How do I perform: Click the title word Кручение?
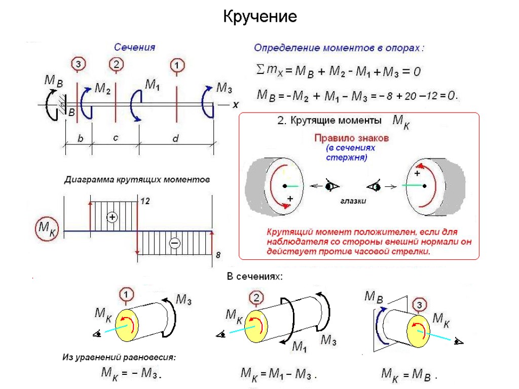tap(259, 17)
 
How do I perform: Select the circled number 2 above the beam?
tap(117, 64)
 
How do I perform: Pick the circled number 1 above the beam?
tap(176, 65)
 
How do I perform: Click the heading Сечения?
tap(134, 47)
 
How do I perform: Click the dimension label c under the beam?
tap(116, 138)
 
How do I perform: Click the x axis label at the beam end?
tap(235, 105)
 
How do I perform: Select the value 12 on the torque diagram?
tap(145, 201)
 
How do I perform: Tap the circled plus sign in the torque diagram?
tap(113, 217)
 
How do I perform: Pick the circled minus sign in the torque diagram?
tap(174, 244)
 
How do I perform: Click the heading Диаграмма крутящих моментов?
tap(136, 180)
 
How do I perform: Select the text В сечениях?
tap(254, 277)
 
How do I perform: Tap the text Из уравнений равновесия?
tap(119, 357)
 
